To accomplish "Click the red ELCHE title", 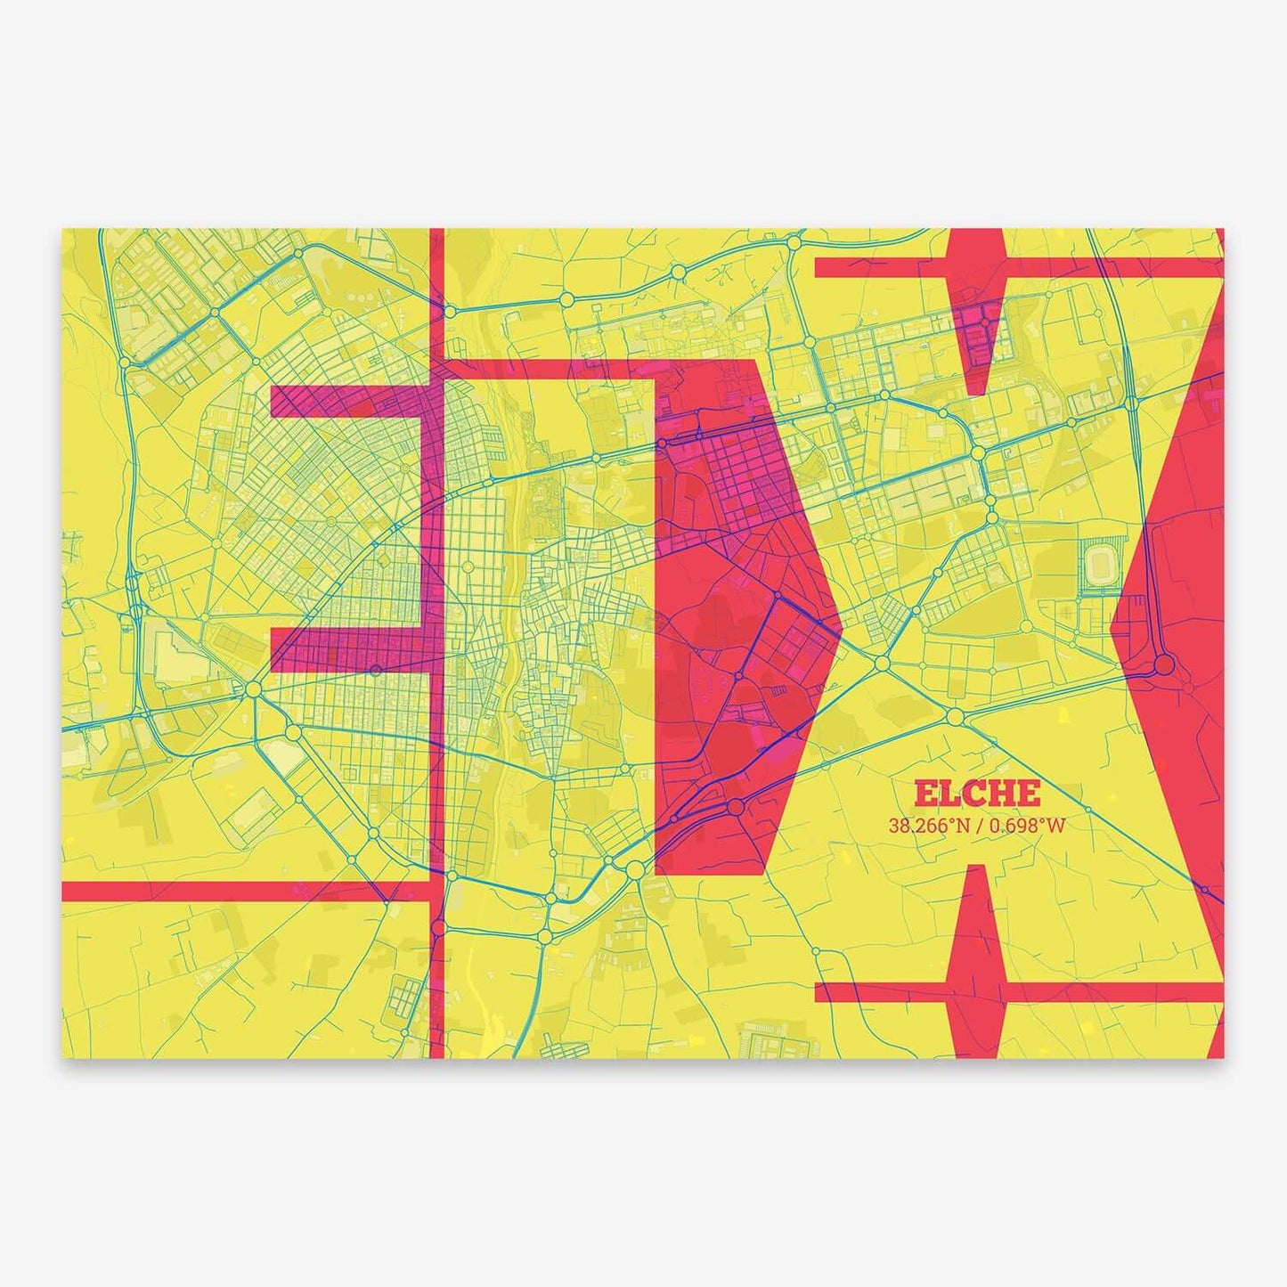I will (x=976, y=793).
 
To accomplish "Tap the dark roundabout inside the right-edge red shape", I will (x=1164, y=665).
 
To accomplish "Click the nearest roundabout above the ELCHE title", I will (x=954, y=715).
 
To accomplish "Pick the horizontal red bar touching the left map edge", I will (x=240, y=891).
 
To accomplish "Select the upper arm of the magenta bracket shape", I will (x=347, y=402).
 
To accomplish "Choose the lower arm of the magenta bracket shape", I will (x=347, y=649).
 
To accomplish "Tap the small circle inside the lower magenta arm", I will (x=376, y=669).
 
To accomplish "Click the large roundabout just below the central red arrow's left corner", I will (x=634, y=868).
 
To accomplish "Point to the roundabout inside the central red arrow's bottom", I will (x=736, y=807).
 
